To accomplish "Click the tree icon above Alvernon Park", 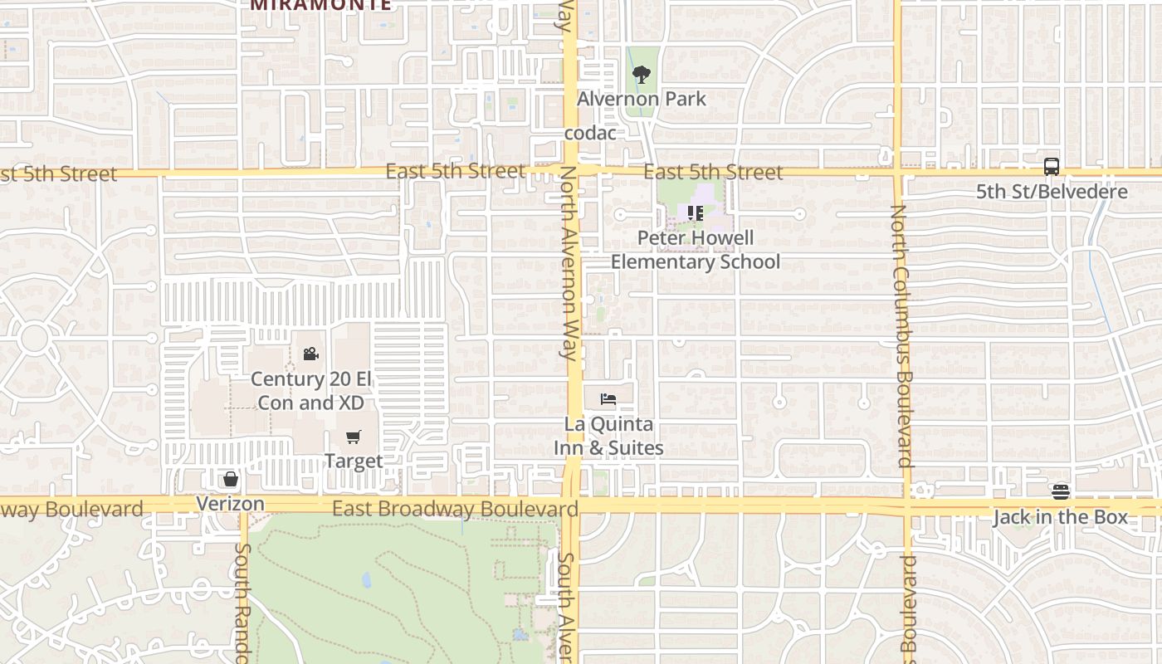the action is tap(641, 75).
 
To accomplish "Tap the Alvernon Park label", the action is tap(642, 99).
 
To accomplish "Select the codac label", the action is tap(590, 133).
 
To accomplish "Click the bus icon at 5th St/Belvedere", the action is tap(1052, 166).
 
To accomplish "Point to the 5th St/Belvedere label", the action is tap(1052, 192).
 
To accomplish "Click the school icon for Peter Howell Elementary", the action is tap(696, 213).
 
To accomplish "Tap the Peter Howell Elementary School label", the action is tap(696, 250).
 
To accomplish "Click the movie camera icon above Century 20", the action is tap(310, 354).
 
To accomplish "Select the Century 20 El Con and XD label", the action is tap(310, 391).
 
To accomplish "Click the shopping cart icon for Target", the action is tap(354, 437).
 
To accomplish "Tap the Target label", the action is tap(354, 461).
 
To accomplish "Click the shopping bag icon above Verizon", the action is tap(231, 479).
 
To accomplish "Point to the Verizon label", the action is tap(231, 504).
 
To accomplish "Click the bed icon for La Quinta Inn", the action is tap(608, 399).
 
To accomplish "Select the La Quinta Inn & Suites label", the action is tap(609, 436).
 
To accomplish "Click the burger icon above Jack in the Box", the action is tap(1060, 491).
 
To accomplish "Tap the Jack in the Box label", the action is tap(1060, 517).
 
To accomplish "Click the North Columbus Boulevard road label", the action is tap(901, 335).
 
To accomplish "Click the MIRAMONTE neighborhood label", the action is tap(320, 4).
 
